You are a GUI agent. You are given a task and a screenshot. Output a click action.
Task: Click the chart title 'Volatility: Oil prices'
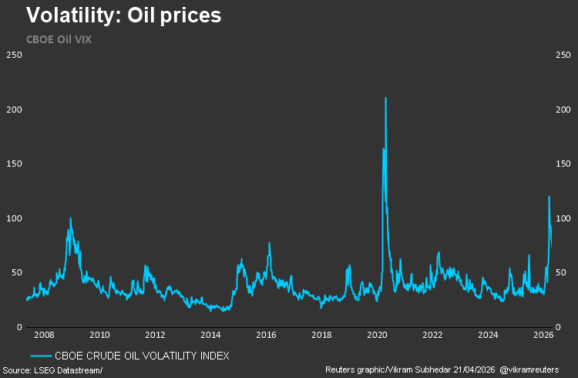point(124,15)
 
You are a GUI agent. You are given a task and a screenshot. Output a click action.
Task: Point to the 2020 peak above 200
point(385,98)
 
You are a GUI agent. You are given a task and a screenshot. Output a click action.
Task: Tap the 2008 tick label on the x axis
point(44,336)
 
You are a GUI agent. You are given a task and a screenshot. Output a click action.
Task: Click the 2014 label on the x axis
point(210,336)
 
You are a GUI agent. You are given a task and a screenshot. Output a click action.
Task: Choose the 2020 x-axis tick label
point(377,336)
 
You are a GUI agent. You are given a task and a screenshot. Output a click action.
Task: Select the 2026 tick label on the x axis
point(543,336)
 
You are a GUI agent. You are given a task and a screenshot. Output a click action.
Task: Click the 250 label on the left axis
point(13,55)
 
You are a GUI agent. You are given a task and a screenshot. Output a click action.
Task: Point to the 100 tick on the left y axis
point(13,218)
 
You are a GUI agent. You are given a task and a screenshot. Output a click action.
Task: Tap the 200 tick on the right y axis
point(564,110)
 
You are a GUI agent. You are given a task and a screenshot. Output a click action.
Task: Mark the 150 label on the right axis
point(564,164)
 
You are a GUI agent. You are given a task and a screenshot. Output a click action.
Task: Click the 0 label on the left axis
point(18,327)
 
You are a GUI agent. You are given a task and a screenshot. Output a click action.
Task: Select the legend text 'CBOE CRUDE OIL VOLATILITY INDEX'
point(143,356)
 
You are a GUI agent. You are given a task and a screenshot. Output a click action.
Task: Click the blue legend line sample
point(42,356)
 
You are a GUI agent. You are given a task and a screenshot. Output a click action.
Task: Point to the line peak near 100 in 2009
point(70,218)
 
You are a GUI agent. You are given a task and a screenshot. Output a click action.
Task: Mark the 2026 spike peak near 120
point(549,197)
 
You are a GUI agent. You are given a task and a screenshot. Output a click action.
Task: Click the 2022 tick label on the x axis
point(432,336)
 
